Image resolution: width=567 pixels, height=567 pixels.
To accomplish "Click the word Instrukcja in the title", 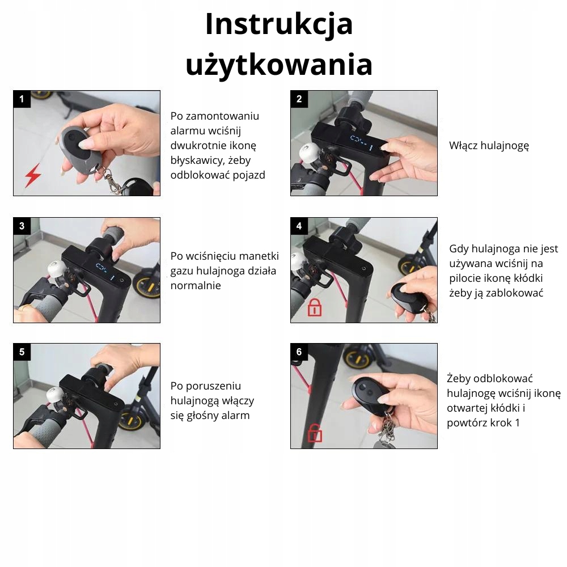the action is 279,24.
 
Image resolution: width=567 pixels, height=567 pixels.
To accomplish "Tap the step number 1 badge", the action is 22,99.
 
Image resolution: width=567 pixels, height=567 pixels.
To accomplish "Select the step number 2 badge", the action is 299,99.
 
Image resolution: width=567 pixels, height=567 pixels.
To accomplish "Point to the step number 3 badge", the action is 22,226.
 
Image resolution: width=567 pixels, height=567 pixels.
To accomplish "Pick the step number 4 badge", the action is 299,226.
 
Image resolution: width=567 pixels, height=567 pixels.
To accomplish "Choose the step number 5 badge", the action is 22,352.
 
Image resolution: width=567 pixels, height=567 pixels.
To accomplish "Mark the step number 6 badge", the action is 299,352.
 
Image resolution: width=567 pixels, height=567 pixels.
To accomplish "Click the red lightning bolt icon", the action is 33,175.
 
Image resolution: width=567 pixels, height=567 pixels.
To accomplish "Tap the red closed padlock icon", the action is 314,308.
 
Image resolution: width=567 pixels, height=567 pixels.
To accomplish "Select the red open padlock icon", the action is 315,433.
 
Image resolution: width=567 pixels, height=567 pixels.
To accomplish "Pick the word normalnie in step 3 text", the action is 196,286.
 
